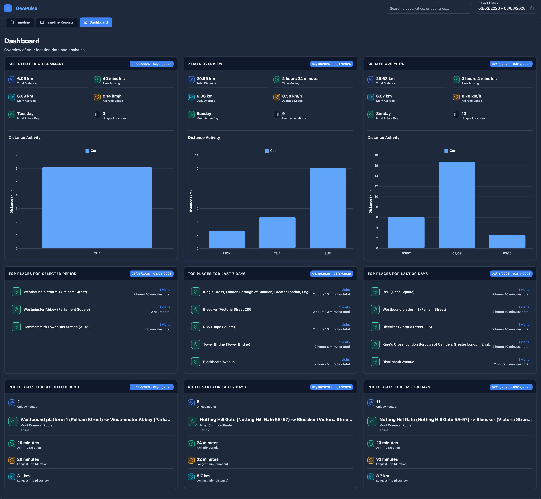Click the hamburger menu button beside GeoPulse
click(x=8, y=8)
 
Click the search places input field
click(x=429, y=8)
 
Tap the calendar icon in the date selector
click(x=532, y=8)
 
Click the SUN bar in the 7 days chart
click(x=328, y=208)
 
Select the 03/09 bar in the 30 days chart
click(x=457, y=205)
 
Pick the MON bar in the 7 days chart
click(x=227, y=239)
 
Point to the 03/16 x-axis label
click(x=507, y=253)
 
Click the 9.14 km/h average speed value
click(x=112, y=96)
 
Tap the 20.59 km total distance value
click(x=206, y=79)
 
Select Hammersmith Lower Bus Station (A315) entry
click(x=57, y=327)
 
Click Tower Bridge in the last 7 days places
click(x=227, y=344)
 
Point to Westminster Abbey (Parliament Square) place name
click(x=57, y=309)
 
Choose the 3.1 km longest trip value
click(x=24, y=476)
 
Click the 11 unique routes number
click(x=378, y=402)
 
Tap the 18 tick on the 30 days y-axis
click(x=376, y=155)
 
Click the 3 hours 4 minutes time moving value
click(x=479, y=79)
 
